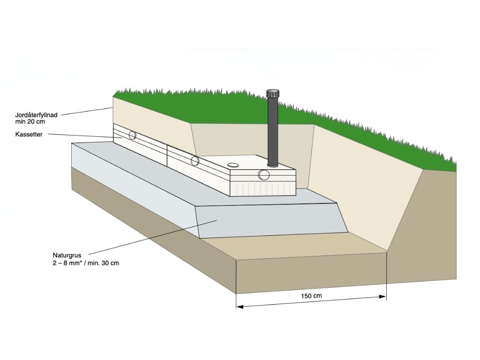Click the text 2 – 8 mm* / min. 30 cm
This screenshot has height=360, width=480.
coord(86,263)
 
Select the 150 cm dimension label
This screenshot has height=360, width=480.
coord(311,296)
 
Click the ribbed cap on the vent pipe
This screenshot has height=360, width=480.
coord(272,93)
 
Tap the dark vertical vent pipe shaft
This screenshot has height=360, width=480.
coord(272,131)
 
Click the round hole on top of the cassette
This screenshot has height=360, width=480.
coord(233,165)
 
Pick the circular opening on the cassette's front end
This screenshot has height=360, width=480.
coord(264,175)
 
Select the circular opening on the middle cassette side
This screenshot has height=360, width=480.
coord(195,161)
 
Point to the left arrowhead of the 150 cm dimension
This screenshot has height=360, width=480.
coord(239,307)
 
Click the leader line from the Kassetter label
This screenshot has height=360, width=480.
coord(80,135)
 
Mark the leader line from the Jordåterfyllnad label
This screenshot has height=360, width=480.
coord(87,111)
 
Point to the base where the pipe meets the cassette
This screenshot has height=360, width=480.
coord(272,165)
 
